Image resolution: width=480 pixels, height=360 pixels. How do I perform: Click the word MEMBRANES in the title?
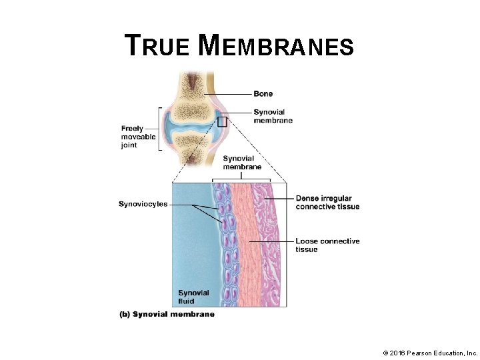tap(276, 46)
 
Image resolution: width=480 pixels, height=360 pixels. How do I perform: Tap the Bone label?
tap(263, 94)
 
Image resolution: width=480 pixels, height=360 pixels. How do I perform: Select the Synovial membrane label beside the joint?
tap(273, 116)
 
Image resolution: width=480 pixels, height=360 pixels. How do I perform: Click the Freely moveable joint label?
tap(138, 137)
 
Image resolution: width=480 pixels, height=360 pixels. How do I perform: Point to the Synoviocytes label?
tap(143, 204)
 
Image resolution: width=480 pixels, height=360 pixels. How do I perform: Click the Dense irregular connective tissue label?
tap(327, 203)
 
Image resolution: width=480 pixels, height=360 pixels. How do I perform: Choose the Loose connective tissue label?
tap(327, 245)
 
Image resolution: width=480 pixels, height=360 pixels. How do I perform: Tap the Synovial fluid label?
tap(193, 297)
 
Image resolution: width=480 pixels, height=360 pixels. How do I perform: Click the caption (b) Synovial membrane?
tap(167, 314)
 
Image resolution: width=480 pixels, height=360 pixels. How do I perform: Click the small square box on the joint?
tap(223, 122)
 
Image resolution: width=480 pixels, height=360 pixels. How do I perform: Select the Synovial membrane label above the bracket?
tap(242, 163)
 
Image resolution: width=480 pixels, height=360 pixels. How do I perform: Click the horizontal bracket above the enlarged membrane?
tap(241, 179)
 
